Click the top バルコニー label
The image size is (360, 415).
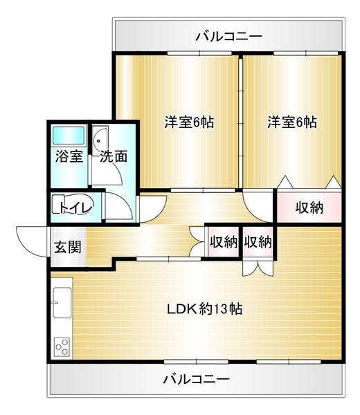click(228, 35)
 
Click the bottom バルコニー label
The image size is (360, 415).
click(196, 379)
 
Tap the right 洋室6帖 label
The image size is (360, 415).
click(292, 122)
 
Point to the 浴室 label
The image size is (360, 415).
click(69, 156)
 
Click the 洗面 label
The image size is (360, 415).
click(113, 156)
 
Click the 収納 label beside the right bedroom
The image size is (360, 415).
click(309, 207)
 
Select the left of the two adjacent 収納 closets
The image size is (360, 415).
click(223, 242)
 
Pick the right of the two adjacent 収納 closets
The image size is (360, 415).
click(257, 242)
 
